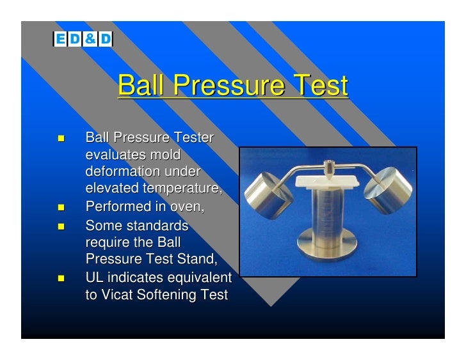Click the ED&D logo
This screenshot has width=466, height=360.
(82, 39)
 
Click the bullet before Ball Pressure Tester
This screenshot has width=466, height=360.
(61, 138)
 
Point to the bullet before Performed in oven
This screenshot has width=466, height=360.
(61, 207)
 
